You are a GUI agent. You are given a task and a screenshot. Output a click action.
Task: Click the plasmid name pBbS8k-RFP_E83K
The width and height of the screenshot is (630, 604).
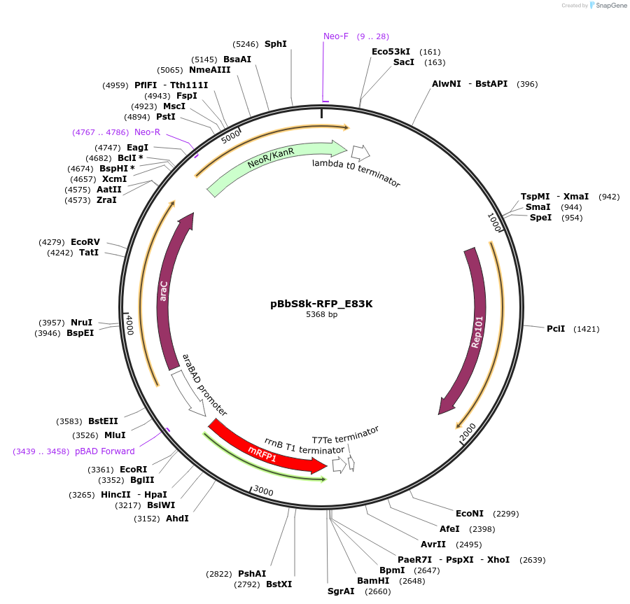point(321,304)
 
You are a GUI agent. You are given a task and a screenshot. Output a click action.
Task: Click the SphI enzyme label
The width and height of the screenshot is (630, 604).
point(275,43)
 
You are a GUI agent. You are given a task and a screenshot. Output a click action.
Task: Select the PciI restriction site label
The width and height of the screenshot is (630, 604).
point(556,328)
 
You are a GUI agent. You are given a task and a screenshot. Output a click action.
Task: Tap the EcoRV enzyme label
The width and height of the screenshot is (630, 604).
point(85,242)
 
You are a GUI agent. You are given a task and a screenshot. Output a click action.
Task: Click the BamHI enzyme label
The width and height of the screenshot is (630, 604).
point(373,580)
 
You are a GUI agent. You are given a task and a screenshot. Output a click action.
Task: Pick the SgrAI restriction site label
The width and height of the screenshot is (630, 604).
point(341,591)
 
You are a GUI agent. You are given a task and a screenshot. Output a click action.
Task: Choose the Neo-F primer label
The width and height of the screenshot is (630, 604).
point(336,36)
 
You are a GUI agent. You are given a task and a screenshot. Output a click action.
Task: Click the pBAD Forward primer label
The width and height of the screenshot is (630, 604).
point(105,451)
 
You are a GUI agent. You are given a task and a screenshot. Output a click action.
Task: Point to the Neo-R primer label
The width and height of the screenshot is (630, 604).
point(147,132)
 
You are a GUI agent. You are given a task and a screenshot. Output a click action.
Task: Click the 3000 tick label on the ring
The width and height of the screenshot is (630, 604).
point(264,491)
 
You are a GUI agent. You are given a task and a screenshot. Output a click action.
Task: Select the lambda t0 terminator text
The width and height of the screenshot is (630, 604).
point(356,172)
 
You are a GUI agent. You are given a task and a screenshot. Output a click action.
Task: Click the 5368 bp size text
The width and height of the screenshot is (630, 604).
point(321,315)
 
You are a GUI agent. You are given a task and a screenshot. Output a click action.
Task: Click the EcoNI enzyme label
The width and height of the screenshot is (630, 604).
point(470,513)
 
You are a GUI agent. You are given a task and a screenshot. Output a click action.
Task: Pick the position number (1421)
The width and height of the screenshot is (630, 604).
point(586,329)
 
